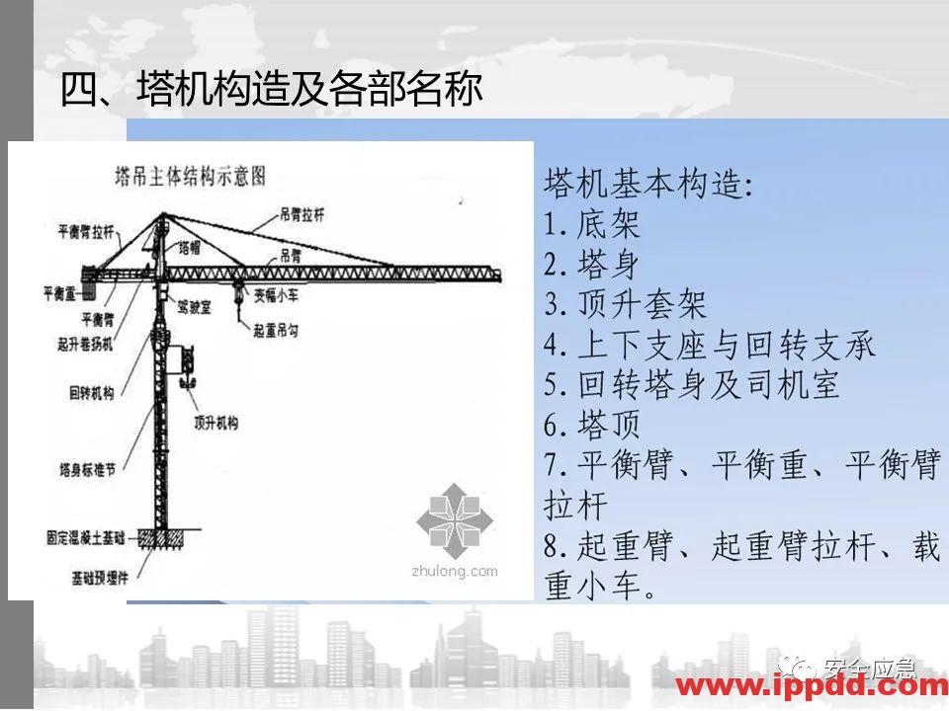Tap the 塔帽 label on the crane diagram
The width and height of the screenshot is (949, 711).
189,248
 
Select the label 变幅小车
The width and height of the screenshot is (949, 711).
282,293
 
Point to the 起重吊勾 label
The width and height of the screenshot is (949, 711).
282,328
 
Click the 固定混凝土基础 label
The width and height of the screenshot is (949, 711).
85,539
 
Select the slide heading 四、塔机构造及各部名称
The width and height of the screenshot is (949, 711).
273,90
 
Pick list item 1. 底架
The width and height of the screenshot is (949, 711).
593,224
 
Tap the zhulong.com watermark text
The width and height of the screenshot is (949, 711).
454,571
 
